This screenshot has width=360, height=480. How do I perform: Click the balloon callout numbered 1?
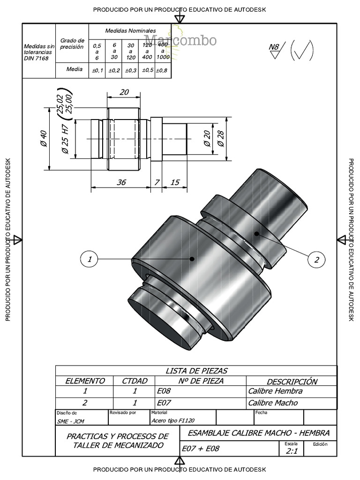point(90,259)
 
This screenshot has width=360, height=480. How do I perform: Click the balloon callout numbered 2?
point(316,260)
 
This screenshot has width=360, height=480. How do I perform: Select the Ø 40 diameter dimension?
point(44,138)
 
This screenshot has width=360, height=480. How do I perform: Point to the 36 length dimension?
point(121,182)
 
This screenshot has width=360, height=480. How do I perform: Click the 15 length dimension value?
point(175,182)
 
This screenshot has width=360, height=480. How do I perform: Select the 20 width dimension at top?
point(124,92)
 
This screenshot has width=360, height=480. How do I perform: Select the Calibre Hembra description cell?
point(275,391)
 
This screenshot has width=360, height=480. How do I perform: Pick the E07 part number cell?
point(164,403)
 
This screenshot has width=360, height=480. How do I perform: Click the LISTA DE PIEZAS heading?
point(196,371)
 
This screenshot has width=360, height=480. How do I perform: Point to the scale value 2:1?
point(292,451)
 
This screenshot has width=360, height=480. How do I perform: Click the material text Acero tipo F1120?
point(173,420)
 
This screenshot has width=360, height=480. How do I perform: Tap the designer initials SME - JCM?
point(70,421)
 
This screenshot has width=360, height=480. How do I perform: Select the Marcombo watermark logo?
point(180,40)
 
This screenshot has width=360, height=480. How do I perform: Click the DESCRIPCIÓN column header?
point(292,382)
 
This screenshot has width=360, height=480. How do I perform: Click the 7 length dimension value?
point(157,182)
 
